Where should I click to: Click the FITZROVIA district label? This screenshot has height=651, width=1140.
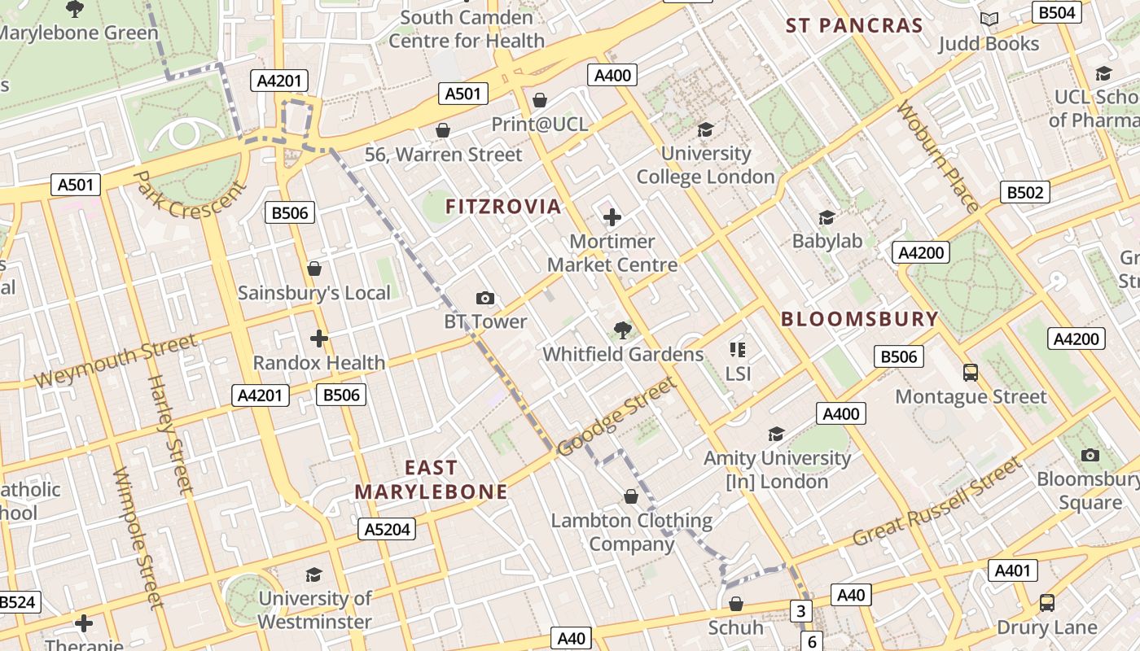(x=503, y=207)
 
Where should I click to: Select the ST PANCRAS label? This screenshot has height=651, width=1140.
(x=854, y=25)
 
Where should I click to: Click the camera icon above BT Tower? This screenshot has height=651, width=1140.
(x=484, y=299)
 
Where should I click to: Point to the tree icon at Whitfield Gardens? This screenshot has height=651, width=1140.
(x=623, y=330)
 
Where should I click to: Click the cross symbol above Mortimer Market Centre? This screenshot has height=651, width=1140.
(x=612, y=217)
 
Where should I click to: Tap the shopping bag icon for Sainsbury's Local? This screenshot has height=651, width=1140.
(x=314, y=269)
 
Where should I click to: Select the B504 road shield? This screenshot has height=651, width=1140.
(x=1057, y=12)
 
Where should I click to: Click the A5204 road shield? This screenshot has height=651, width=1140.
(x=387, y=530)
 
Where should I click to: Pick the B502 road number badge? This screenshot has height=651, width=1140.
(x=1024, y=193)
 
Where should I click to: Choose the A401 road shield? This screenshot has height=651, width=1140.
(x=1013, y=570)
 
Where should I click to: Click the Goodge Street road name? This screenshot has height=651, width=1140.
(x=616, y=417)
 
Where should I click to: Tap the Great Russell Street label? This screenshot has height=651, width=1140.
(x=936, y=503)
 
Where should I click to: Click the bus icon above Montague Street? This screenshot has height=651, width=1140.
(x=971, y=373)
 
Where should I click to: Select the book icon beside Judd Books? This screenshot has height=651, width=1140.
(x=989, y=20)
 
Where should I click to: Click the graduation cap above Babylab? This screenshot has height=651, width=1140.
(x=827, y=217)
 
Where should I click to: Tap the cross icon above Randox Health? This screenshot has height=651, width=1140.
(x=319, y=339)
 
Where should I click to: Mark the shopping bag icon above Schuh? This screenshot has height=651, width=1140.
(x=735, y=604)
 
